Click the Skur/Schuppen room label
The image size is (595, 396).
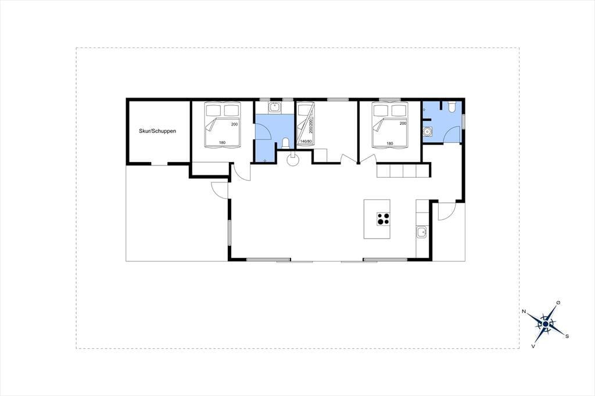click(157, 131)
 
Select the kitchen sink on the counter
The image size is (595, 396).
click(422, 232)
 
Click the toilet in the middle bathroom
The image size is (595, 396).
click(286, 143)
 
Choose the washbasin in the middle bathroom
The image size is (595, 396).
click(274, 108)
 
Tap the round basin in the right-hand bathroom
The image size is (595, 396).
click(428, 131)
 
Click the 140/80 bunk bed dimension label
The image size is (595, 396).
click(306, 142)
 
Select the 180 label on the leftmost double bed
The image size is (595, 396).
click(222, 143)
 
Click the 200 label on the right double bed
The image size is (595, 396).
click(403, 123)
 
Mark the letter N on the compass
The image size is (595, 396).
click(524, 311)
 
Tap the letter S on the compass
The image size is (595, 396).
click(567, 336)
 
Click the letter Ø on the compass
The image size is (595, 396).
click(558, 303)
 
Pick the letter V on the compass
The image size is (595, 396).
click(533, 346)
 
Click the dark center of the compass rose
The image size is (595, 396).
click(545, 324)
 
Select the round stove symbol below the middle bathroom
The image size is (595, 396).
click(293, 160)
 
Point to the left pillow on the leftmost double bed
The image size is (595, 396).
click(213, 110)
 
